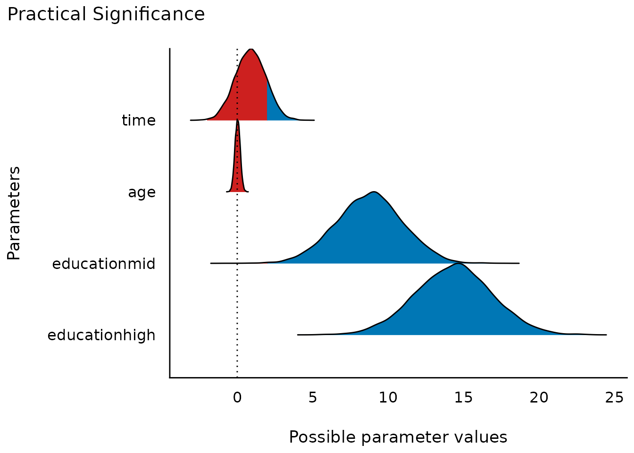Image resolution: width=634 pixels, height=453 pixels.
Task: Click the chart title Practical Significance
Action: [106, 15]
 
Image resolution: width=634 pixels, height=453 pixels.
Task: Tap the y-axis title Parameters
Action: [14, 213]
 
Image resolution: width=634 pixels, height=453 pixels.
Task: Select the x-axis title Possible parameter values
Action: [398, 437]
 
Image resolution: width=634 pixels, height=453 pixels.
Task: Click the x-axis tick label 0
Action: [237, 398]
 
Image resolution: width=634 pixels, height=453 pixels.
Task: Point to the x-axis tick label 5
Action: [313, 398]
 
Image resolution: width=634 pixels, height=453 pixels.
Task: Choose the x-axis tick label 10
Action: [388, 398]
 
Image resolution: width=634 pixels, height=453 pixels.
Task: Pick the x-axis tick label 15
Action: [464, 398]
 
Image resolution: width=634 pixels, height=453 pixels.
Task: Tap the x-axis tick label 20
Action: [539, 398]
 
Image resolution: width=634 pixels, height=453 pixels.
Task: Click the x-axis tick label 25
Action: [615, 398]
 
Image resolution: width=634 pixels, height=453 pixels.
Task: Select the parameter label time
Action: [139, 121]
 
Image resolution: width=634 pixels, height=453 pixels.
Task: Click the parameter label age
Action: [142, 193]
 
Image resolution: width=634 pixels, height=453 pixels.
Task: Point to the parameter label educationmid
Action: [104, 264]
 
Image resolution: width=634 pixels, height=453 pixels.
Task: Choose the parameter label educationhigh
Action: [101, 336]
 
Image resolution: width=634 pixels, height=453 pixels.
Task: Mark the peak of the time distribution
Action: [251, 50]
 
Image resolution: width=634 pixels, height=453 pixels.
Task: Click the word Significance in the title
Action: [149, 15]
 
